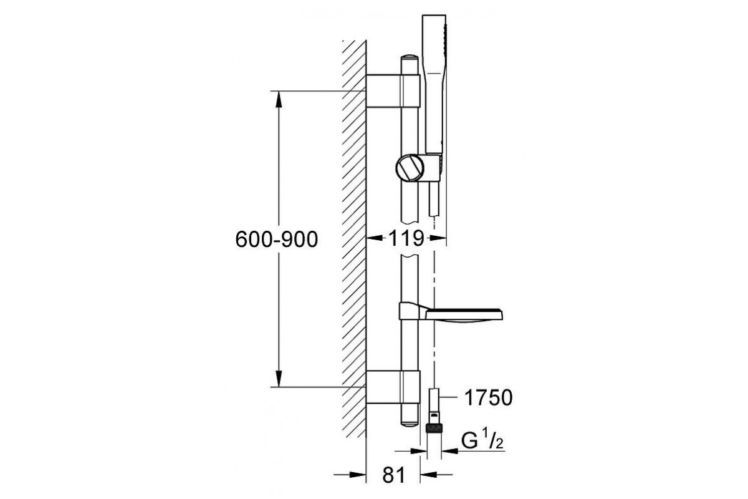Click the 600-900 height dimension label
coord(277,240)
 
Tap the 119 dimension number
coord(406,238)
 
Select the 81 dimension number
coord(394,475)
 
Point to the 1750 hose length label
coord(488,398)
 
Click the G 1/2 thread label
coord(482,440)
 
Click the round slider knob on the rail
coord(410,168)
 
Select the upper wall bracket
coord(393,91)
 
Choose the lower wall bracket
coord(393,387)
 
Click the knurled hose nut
coord(434,428)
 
